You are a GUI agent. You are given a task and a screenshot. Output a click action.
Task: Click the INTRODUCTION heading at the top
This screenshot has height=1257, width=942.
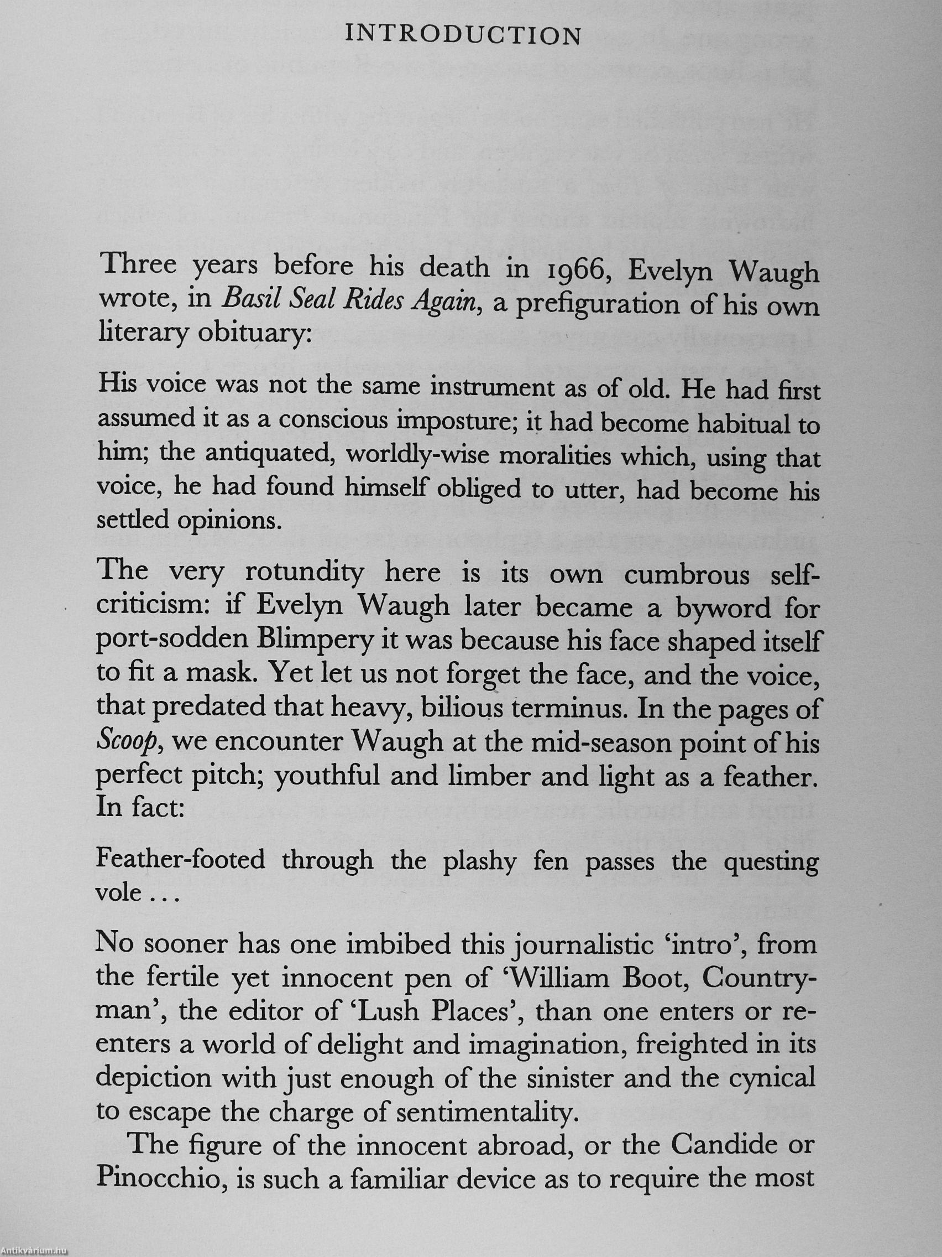click(x=463, y=36)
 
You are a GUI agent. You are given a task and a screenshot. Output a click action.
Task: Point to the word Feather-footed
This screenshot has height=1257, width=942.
click(x=181, y=860)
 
